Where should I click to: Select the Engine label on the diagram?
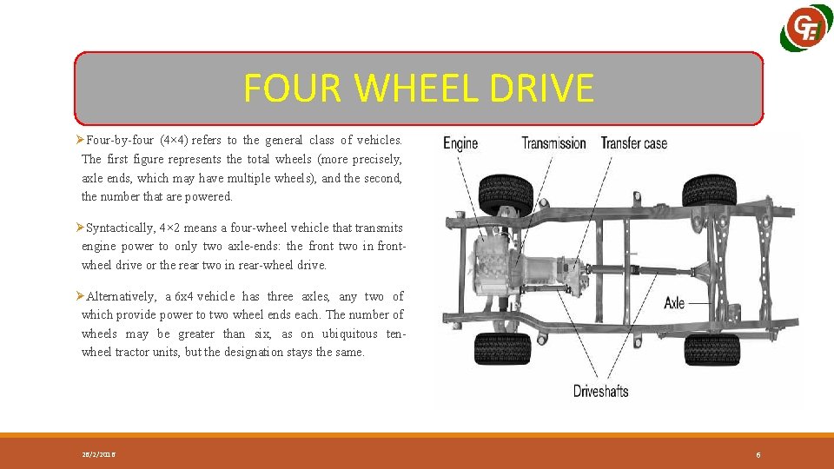click(x=460, y=143)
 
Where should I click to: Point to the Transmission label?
click(x=553, y=143)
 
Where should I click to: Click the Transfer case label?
click(x=634, y=143)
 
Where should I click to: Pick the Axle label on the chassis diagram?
click(x=674, y=303)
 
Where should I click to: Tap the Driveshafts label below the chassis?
click(x=600, y=391)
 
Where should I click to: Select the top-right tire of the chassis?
click(x=711, y=190)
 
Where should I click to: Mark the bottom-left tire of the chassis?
click(x=503, y=348)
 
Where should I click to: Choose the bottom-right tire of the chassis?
click(x=712, y=349)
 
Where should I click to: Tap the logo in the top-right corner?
click(x=807, y=30)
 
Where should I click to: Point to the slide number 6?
click(x=758, y=454)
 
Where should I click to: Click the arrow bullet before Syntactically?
click(x=79, y=228)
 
